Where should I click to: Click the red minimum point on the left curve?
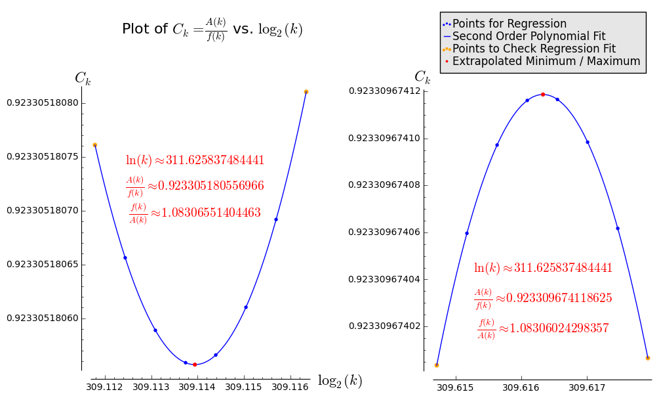[195, 364]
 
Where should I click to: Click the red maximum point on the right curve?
[543, 95]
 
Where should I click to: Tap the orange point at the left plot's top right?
[306, 92]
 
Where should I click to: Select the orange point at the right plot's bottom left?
[437, 365]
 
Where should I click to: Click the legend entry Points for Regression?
[509, 24]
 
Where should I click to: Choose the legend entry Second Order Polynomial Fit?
[529, 36]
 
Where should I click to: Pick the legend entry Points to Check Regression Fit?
[534, 49]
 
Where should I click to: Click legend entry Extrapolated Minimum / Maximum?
[546, 61]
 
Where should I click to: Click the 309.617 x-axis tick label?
[587, 387]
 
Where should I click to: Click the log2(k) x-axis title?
[340, 381]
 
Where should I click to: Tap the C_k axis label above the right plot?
[422, 77]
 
